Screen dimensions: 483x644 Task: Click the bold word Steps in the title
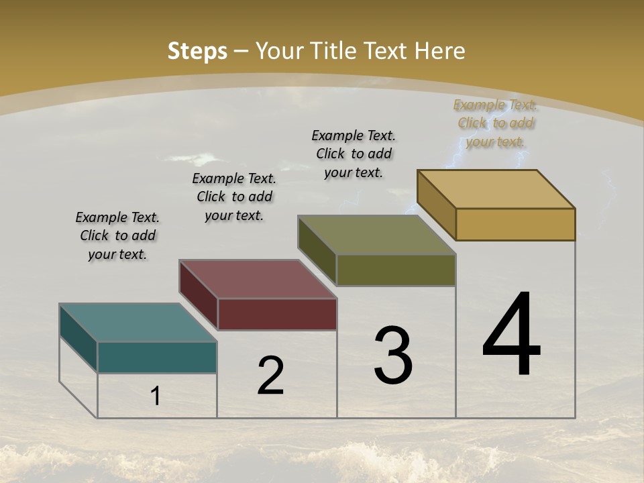click(x=197, y=51)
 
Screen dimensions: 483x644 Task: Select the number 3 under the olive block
click(x=393, y=356)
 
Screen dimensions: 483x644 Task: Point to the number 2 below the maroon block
click(x=271, y=376)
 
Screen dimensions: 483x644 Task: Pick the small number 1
click(x=156, y=396)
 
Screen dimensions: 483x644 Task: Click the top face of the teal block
click(x=138, y=323)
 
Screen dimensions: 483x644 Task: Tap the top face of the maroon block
click(x=258, y=278)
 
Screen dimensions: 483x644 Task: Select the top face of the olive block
click(x=377, y=235)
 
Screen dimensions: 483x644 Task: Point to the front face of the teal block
click(x=157, y=357)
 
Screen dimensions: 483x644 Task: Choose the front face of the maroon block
click(x=277, y=314)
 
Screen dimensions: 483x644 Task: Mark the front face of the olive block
click(x=396, y=270)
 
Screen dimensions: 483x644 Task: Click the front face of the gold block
click(x=515, y=224)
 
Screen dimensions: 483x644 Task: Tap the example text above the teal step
click(x=117, y=236)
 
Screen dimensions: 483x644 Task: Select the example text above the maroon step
click(x=234, y=197)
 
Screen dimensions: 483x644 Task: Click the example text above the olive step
click(x=354, y=154)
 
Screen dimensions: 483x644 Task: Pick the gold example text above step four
click(x=496, y=123)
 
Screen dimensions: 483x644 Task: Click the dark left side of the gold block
click(x=436, y=205)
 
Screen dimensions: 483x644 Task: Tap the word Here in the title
click(x=440, y=51)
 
